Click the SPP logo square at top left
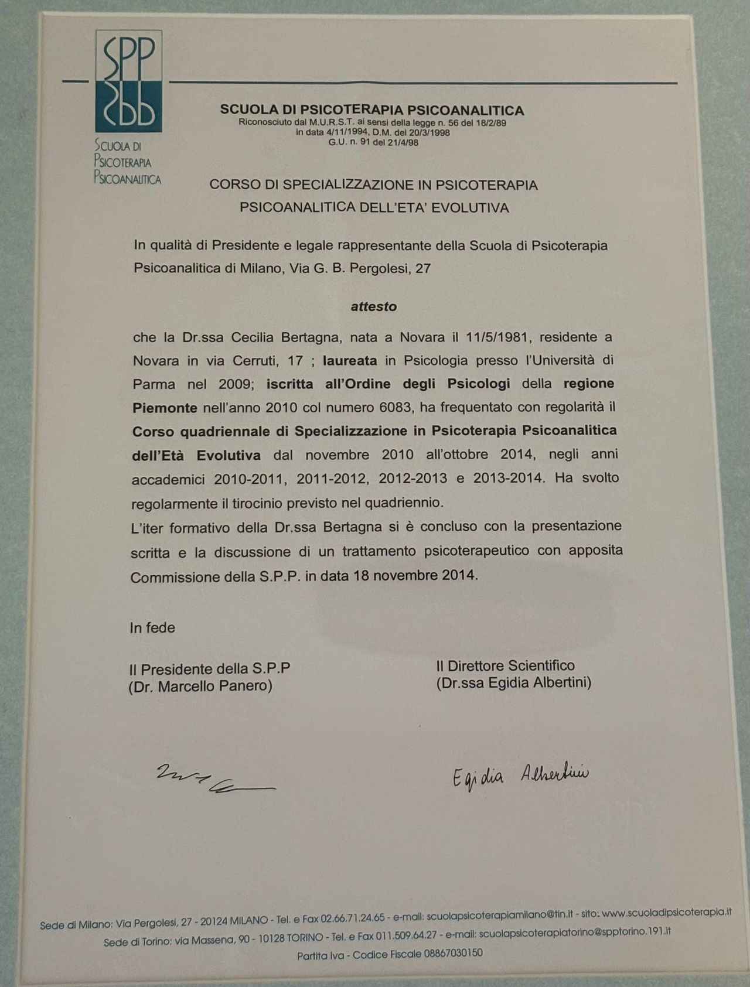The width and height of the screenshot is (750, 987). coord(129,81)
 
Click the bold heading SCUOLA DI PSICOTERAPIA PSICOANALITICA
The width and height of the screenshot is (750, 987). coord(372,110)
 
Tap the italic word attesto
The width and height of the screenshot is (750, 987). coord(374,306)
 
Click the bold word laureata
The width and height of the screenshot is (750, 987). coord(350,360)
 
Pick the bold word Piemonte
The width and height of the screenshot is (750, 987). coord(165,408)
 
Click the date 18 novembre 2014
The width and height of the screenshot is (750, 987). coord(415,575)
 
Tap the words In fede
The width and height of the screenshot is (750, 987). coord(152,628)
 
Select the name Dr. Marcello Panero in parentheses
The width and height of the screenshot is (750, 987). coord(200,686)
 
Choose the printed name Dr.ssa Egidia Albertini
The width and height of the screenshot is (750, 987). coord(513,682)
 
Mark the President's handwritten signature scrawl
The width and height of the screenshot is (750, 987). coord(214,781)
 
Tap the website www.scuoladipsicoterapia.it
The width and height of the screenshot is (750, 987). coord(667,912)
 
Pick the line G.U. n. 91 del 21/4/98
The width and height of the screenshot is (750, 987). coord(373,142)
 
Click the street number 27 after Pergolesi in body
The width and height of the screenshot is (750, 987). coord(422,268)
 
